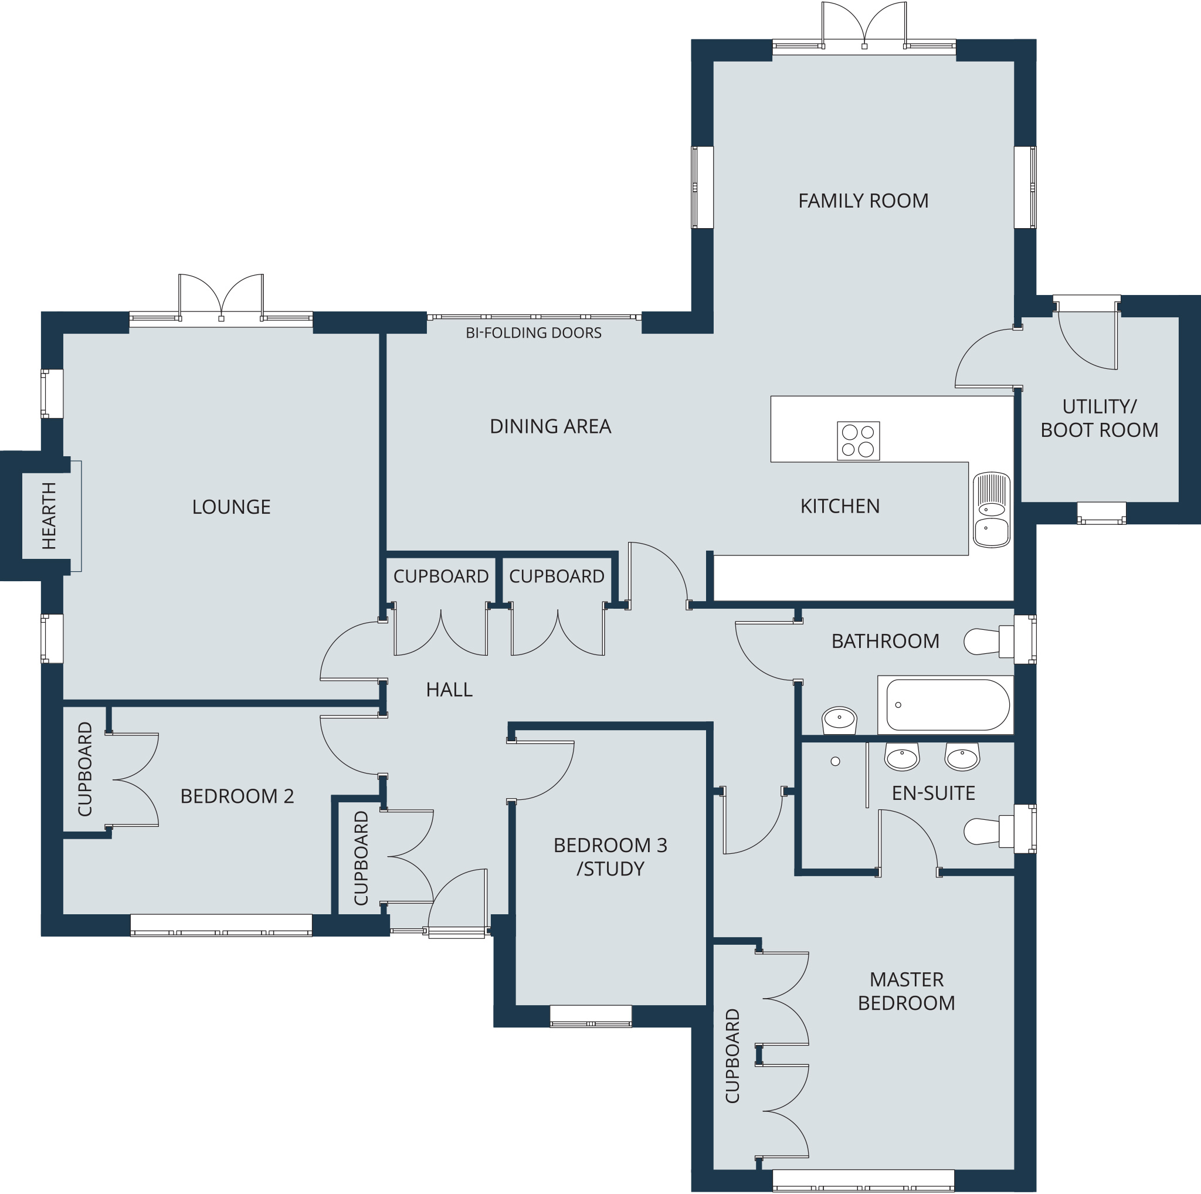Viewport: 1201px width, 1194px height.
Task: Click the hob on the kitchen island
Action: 858,440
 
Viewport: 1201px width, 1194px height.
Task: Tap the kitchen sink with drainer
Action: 992,510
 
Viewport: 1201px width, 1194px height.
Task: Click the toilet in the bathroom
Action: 988,642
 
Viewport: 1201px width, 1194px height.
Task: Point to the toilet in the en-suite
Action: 988,831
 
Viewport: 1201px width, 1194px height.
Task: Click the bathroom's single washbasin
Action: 839,720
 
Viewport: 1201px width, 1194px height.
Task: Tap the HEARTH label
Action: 49,516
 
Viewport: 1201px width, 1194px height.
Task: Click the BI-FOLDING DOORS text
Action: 534,333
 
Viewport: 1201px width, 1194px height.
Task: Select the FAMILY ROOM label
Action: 863,201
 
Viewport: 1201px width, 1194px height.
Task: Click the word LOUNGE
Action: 231,507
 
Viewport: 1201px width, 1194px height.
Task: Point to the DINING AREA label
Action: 550,426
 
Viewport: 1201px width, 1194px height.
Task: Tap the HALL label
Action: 449,690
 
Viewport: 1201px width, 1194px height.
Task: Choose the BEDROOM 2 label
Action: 237,796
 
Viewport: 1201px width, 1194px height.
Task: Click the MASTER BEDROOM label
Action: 907,991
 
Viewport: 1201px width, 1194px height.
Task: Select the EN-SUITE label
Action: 933,793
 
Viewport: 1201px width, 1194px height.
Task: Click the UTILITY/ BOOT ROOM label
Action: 1099,418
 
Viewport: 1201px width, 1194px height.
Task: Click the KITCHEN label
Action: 840,507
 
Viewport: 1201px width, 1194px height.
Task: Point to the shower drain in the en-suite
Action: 836,761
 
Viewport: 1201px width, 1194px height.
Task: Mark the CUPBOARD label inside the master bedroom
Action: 733,1056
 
